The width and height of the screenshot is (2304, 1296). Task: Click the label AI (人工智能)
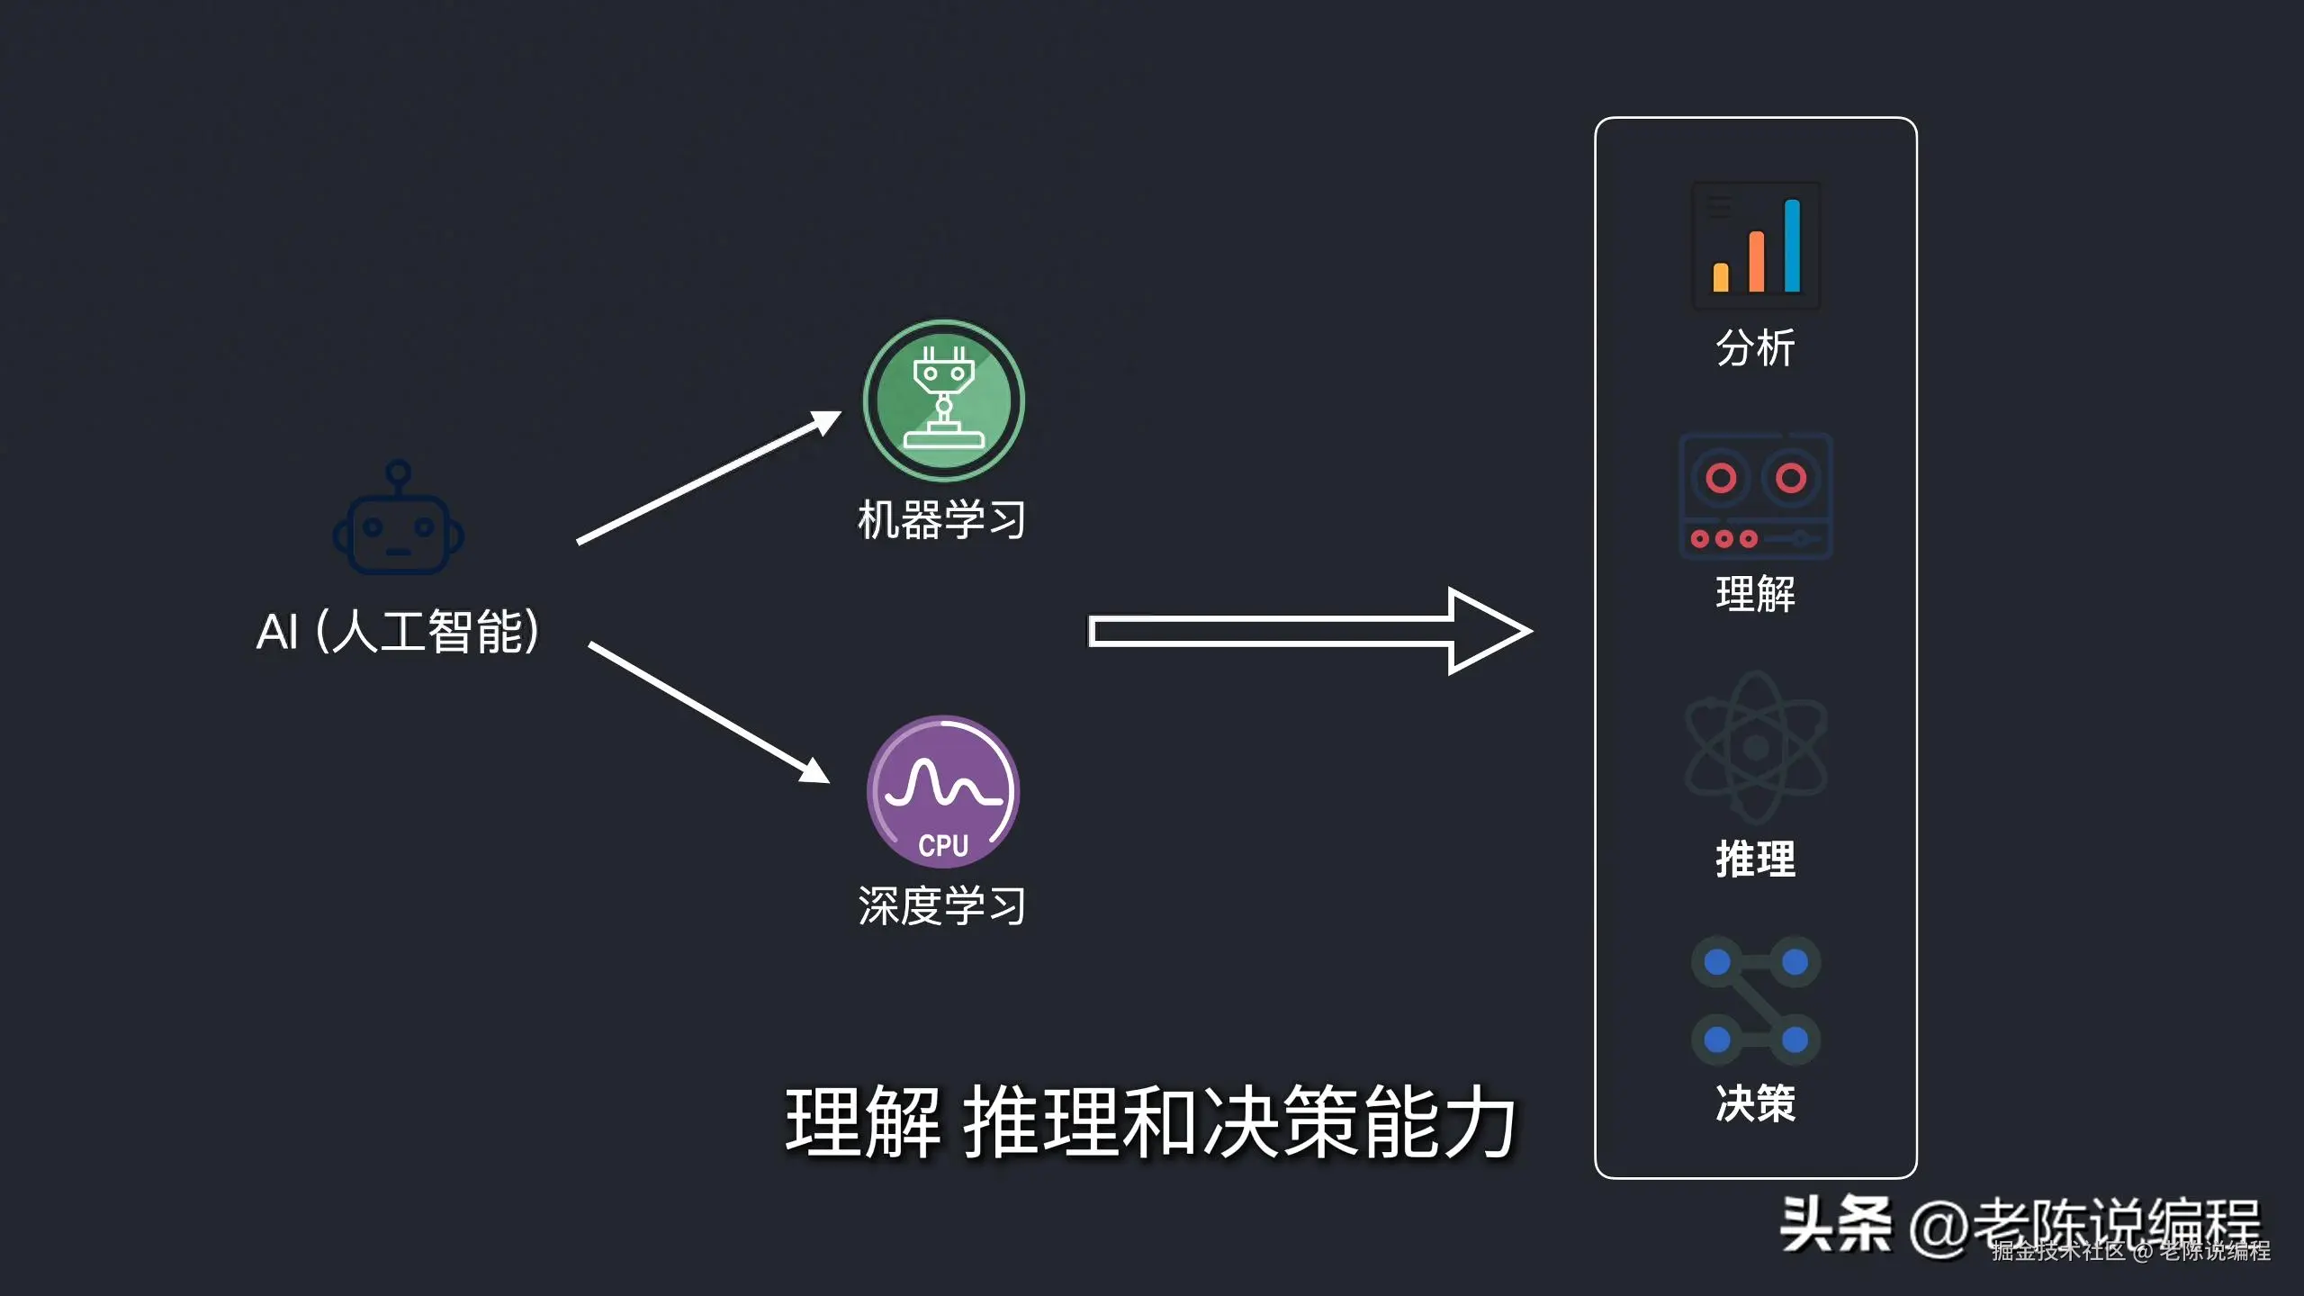(x=398, y=631)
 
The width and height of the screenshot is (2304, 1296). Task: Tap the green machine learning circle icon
(x=943, y=400)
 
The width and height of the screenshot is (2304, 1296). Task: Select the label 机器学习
(x=941, y=520)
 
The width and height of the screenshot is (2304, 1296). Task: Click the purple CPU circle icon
(x=943, y=792)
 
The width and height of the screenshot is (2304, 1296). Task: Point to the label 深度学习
(x=941, y=905)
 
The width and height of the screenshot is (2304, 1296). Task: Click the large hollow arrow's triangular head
(x=1485, y=631)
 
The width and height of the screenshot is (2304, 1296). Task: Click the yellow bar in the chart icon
(x=1721, y=277)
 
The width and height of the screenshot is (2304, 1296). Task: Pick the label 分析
(x=1755, y=348)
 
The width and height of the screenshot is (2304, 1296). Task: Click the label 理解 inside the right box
(x=1755, y=594)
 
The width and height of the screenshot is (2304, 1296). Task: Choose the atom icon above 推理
(x=1755, y=747)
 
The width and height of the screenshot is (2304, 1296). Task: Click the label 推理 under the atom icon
(x=1755, y=859)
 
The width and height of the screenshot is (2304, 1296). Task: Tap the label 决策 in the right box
(x=1755, y=1103)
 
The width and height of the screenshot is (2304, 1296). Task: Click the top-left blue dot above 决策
(x=1717, y=962)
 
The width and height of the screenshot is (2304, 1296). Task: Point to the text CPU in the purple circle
(x=943, y=846)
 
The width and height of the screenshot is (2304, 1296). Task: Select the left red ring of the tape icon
(x=1721, y=478)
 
